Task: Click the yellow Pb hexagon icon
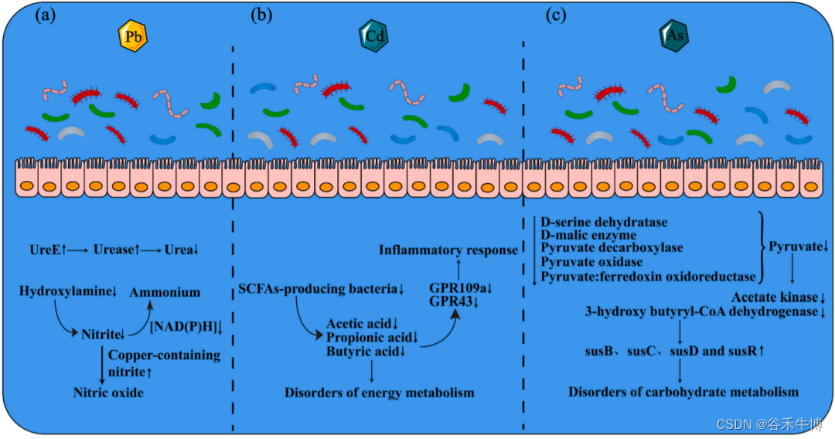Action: point(132,36)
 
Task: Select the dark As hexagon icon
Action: point(673,35)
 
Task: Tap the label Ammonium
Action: point(164,293)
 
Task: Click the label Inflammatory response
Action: point(448,250)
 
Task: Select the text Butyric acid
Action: point(358,352)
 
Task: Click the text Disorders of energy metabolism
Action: point(379,393)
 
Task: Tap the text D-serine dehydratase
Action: point(604,223)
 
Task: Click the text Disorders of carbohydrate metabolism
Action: point(683,392)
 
